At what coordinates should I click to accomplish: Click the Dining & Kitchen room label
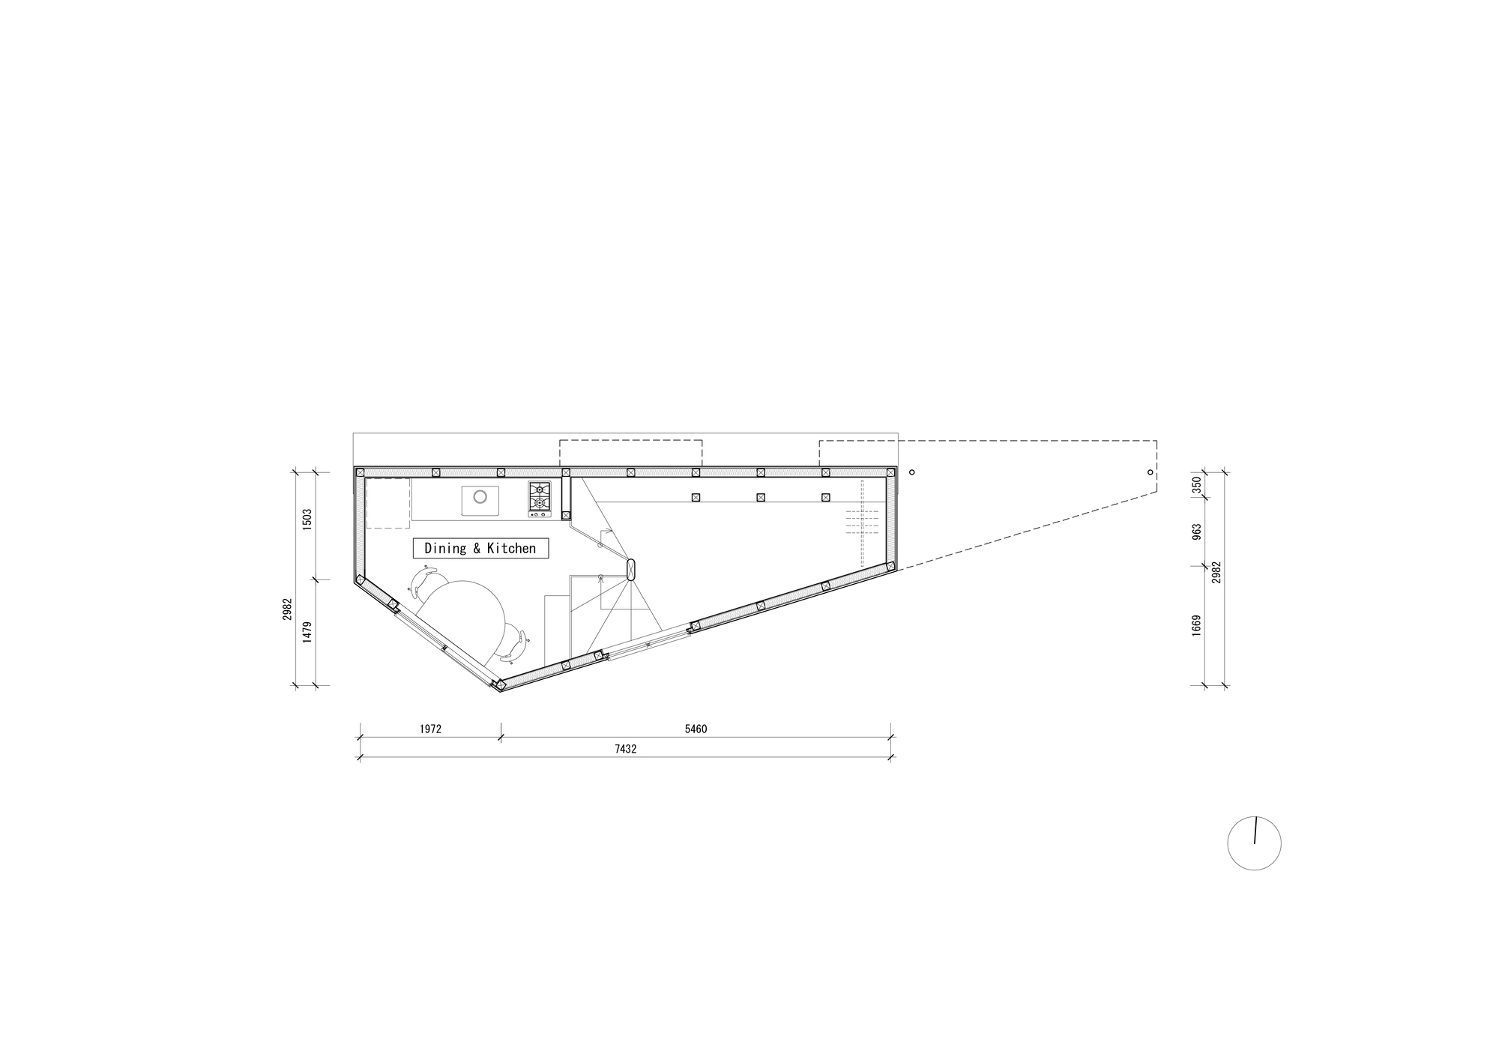[480, 548]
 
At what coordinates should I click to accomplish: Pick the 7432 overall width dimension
[624, 749]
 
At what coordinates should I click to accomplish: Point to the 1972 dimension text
[430, 729]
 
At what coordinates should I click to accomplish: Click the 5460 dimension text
[696, 729]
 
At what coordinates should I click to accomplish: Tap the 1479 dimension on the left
[307, 632]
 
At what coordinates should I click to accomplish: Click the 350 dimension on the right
[1196, 484]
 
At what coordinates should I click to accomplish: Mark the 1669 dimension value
[1196, 625]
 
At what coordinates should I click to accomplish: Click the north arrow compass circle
[1254, 843]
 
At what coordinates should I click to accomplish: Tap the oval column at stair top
[631, 570]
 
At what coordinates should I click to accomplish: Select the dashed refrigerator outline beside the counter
[387, 503]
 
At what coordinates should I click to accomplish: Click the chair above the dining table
[425, 580]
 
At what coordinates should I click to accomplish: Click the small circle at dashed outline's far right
[1150, 472]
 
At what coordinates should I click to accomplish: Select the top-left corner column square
[361, 472]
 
